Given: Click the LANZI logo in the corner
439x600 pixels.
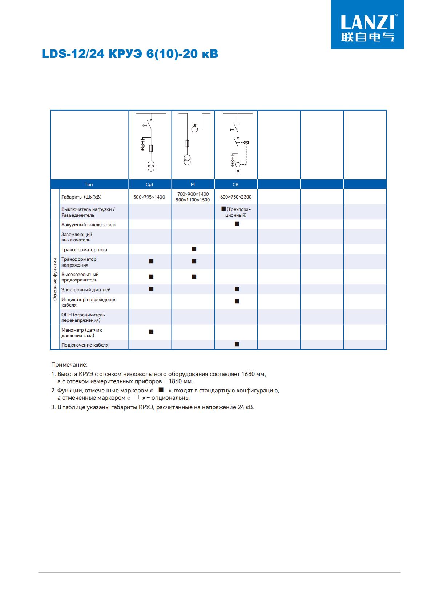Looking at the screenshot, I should tap(367, 24).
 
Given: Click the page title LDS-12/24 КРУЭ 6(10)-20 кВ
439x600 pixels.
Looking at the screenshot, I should tap(130, 54).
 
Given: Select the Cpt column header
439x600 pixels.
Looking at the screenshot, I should tap(149, 184).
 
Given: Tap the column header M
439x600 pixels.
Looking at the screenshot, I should tap(193, 184).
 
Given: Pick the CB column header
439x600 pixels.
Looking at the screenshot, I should tap(235, 184).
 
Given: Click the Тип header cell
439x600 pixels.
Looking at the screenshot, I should tap(89, 184).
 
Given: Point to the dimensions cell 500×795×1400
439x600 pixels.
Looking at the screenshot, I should tap(149, 197).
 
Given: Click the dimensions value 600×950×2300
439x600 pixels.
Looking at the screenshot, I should tap(236, 197).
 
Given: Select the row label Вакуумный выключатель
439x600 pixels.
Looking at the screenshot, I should tap(89, 225).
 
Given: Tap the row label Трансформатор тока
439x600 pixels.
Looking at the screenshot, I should tap(84, 250).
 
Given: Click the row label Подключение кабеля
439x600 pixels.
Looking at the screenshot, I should tap(85, 345).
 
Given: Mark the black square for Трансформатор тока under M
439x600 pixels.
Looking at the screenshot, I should tap(194, 249).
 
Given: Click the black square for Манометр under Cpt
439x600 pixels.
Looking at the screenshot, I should tap(152, 332).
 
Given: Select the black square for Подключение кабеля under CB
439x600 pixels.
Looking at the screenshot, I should tap(237, 344).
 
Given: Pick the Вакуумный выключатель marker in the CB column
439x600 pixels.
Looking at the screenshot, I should tap(237, 224).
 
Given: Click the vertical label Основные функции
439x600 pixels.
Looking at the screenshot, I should tap(55, 279).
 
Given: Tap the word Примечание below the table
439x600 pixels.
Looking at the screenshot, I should tap(69, 365).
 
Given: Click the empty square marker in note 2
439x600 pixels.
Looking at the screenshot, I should tap(136, 397).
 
